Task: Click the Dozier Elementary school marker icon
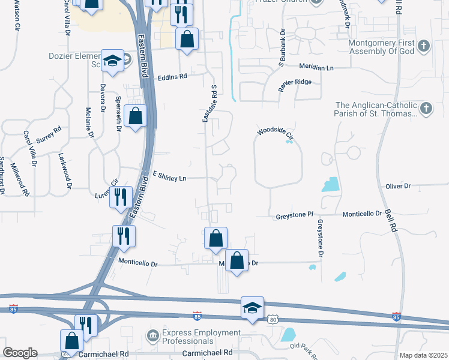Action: tap(112, 61)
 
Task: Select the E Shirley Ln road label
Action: tap(170, 177)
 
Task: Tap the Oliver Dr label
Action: tap(398, 187)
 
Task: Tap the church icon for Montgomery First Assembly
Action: tap(424, 46)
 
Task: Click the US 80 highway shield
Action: tap(273, 319)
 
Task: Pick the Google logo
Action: tap(20, 353)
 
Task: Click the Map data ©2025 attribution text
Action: tap(423, 355)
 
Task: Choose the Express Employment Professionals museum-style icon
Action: tap(152, 334)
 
